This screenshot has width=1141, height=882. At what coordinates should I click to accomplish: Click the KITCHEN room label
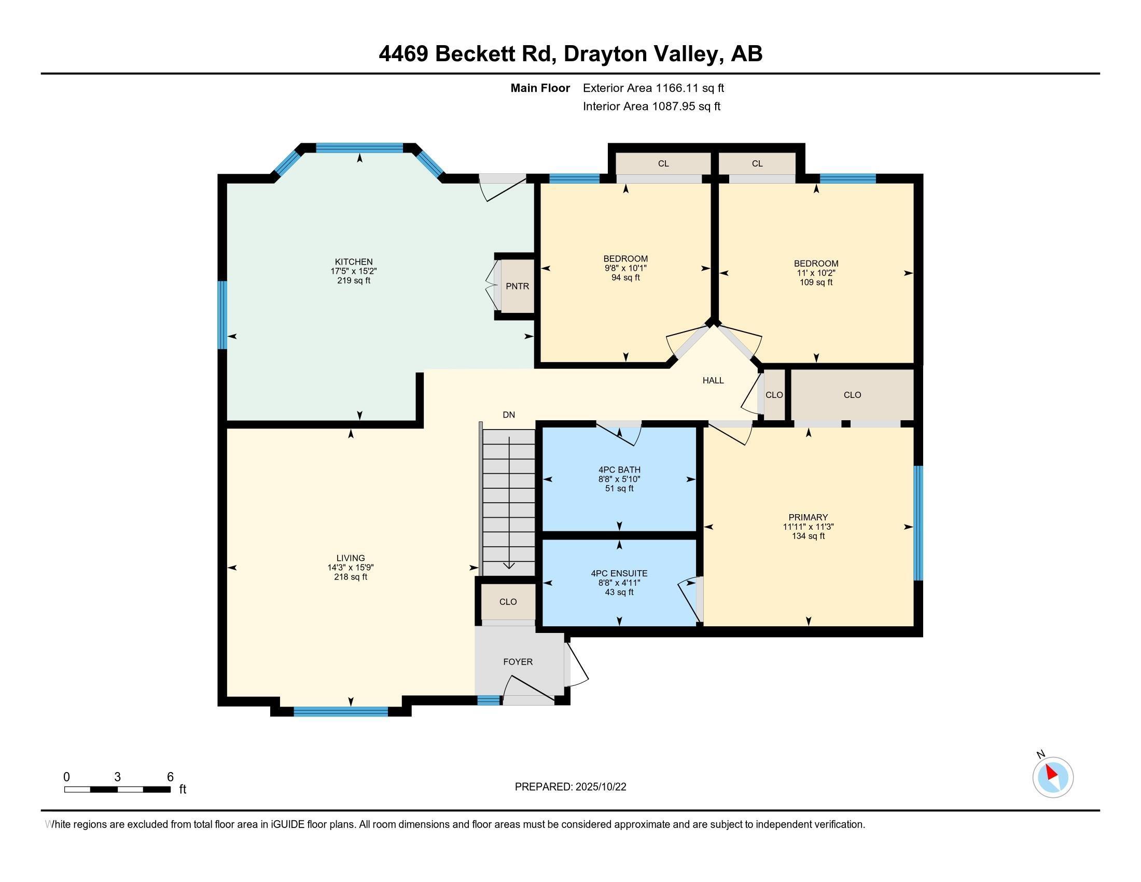click(x=354, y=262)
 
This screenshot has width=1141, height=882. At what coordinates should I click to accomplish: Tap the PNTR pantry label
click(x=517, y=286)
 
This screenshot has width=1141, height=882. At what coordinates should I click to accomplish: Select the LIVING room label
click(x=351, y=558)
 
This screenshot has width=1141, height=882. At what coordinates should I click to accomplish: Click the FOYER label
click(x=518, y=661)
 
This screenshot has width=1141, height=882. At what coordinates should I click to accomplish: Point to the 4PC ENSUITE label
click(x=619, y=573)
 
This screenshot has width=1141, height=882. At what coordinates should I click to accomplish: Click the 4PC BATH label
click(x=619, y=470)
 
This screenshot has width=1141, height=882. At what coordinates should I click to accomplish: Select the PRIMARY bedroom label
click(x=808, y=517)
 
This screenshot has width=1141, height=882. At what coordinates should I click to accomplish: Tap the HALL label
click(x=713, y=380)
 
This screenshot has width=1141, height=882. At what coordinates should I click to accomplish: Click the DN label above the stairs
click(x=508, y=415)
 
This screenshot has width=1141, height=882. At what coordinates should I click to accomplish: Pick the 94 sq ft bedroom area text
click(x=625, y=278)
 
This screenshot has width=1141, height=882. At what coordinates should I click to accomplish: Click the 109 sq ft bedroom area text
click(x=815, y=282)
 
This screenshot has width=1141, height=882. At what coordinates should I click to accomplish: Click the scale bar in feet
click(x=117, y=789)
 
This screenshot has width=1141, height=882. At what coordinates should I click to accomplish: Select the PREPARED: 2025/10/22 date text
click(x=570, y=787)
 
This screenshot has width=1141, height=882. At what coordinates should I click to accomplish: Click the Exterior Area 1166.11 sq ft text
click(x=653, y=88)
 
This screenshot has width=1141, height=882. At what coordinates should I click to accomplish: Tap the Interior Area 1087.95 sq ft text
click(x=651, y=106)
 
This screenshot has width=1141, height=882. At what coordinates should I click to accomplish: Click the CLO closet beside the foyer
click(x=508, y=602)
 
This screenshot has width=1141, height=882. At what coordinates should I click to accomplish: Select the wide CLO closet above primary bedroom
click(x=852, y=395)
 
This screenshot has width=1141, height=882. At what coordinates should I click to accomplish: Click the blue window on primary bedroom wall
click(x=918, y=523)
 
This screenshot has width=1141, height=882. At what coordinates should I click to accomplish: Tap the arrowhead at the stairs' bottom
click(x=508, y=566)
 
